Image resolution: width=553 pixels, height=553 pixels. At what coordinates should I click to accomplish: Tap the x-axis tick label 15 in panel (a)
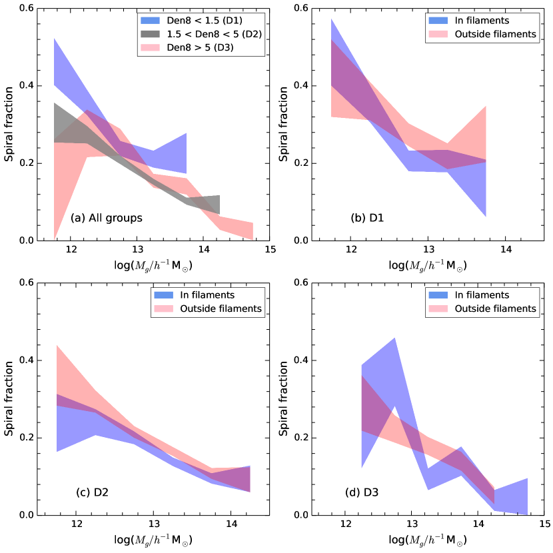[x=270, y=250]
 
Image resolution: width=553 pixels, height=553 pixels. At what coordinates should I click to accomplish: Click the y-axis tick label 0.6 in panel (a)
[x=29, y=9]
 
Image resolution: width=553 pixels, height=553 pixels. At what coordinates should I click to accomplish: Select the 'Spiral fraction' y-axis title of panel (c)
[x=9, y=398]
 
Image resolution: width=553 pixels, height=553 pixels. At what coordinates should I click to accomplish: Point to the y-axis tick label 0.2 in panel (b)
[x=302, y=163]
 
